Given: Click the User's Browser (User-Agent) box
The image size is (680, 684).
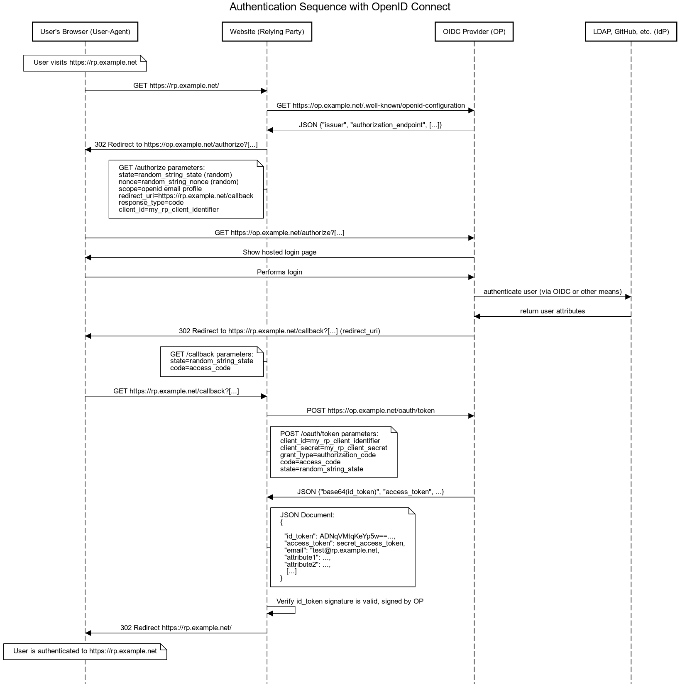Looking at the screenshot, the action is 85,32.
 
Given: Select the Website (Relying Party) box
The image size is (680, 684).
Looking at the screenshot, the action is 267,32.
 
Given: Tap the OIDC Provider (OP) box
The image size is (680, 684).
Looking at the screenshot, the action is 474,32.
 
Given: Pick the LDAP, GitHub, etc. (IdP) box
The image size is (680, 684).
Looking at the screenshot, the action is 631,32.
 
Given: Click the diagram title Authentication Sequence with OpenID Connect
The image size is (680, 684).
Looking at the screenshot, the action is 340,7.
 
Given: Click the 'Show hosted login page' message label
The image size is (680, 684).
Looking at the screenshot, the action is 279,252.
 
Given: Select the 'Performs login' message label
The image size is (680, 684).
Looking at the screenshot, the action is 279,272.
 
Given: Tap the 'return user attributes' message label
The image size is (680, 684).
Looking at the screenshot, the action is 553,311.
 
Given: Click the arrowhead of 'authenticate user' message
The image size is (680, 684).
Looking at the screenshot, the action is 628,297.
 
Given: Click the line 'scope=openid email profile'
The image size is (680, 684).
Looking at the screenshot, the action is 160,189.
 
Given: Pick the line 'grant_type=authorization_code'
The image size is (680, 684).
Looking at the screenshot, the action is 328,455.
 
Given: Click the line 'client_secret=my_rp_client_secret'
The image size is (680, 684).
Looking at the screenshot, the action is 334,448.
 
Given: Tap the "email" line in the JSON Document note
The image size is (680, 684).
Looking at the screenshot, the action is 332,550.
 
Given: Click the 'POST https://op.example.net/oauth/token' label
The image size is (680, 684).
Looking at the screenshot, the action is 371,410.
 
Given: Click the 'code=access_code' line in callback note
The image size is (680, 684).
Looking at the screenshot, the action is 200,368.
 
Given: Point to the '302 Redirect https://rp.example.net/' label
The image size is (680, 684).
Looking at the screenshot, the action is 176,628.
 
